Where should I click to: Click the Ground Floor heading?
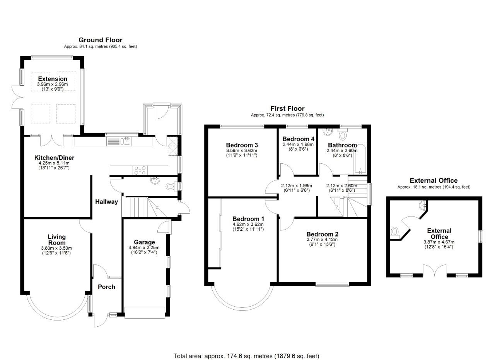[100, 40]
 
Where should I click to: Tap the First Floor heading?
[287, 109]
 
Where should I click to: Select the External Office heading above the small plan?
[434, 180]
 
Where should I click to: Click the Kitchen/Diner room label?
[54, 158]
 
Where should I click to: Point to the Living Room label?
[57, 240]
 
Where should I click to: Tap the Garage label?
[144, 242]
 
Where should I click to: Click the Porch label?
[106, 287]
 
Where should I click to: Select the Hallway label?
[107, 202]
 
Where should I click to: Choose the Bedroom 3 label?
[242, 145]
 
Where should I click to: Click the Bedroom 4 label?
[298, 139]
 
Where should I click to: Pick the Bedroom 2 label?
[322, 234]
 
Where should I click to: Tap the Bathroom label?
[342, 145]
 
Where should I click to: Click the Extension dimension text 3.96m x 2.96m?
[52, 84]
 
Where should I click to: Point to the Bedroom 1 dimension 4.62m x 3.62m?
[248, 224]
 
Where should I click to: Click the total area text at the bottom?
[246, 356]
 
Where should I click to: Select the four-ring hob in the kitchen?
[140, 170]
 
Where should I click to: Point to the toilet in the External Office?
[394, 232]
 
